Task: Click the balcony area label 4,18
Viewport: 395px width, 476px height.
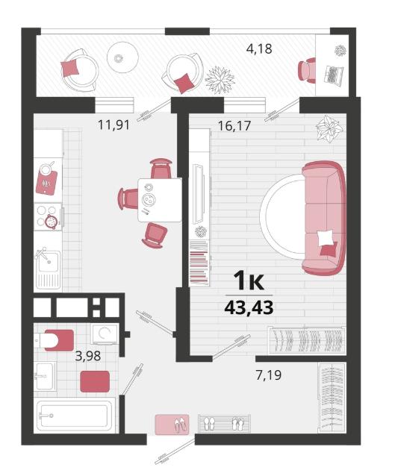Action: pyautogui.click(x=259, y=49)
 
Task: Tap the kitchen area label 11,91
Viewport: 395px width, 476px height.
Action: pyautogui.click(x=113, y=125)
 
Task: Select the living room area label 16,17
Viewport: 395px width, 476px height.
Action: pyautogui.click(x=234, y=125)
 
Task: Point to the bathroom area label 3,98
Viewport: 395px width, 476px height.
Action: pyautogui.click(x=88, y=356)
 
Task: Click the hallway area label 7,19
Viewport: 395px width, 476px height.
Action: pyautogui.click(x=269, y=375)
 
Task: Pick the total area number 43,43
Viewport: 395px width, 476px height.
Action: pyautogui.click(x=249, y=308)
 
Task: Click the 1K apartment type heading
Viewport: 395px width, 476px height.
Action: pyautogui.click(x=249, y=281)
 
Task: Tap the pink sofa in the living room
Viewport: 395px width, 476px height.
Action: pyautogui.click(x=323, y=219)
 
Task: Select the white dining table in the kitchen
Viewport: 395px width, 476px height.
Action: pyautogui.click(x=160, y=200)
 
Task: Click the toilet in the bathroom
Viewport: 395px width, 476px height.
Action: pyautogui.click(x=54, y=340)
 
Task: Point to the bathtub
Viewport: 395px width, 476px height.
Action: pyautogui.click(x=75, y=416)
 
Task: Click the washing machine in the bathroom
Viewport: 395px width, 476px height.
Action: pyautogui.click(x=105, y=334)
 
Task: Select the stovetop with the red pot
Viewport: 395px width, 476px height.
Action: pyautogui.click(x=48, y=217)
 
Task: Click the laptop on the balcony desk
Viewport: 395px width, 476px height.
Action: pyautogui.click(x=335, y=75)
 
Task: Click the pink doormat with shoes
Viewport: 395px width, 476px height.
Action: pyautogui.click(x=172, y=425)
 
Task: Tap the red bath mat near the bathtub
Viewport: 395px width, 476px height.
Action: pyautogui.click(x=95, y=381)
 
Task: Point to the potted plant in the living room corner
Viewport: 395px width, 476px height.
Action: pyautogui.click(x=329, y=129)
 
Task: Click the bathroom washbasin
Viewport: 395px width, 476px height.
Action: pyautogui.click(x=45, y=376)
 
